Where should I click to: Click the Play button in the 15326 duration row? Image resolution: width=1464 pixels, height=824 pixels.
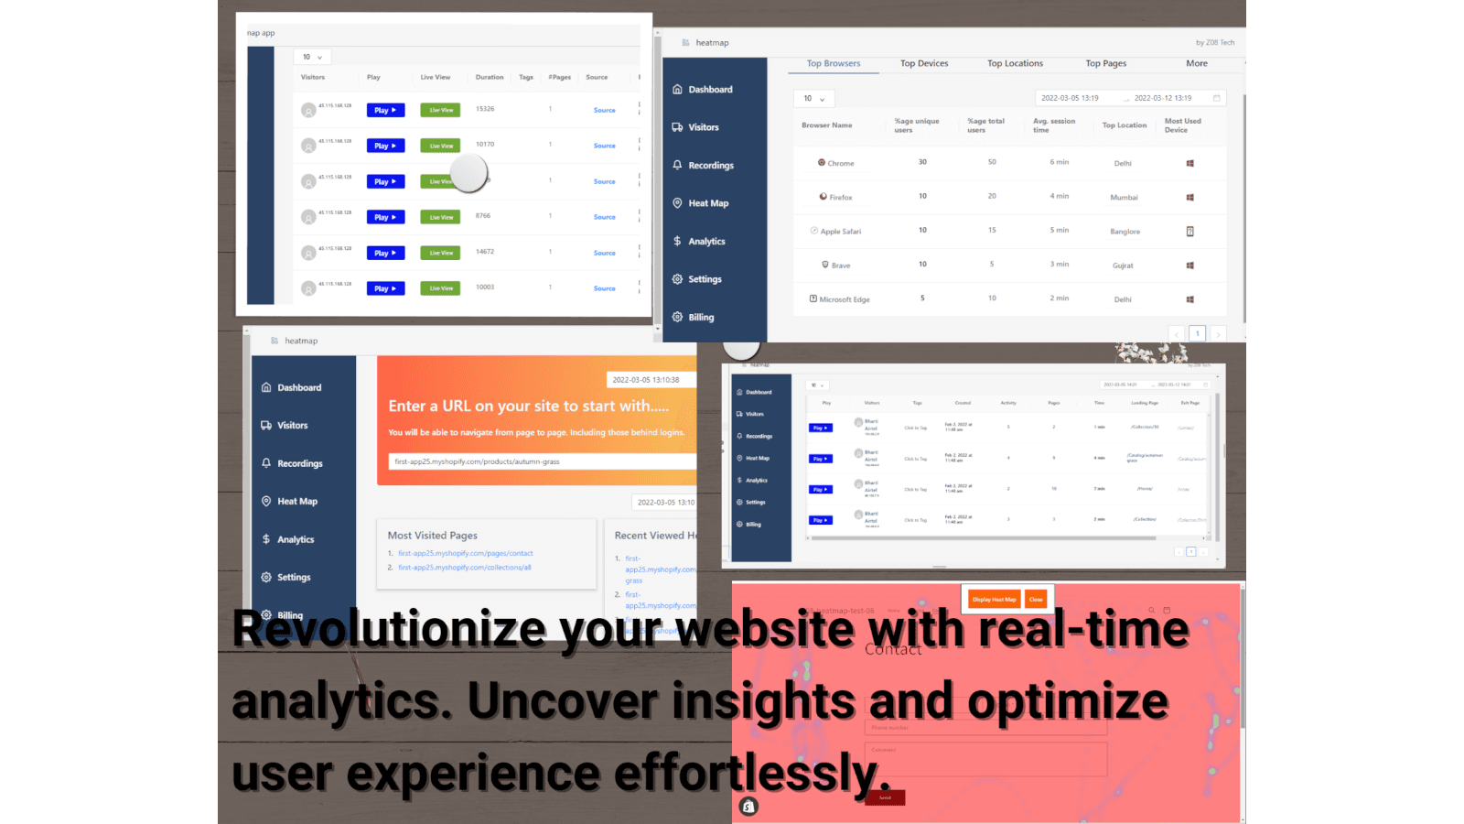point(385,110)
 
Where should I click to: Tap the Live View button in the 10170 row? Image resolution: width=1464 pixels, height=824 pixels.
point(440,146)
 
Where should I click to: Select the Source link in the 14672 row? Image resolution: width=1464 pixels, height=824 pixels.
point(604,253)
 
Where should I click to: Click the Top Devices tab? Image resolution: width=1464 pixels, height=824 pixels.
point(924,64)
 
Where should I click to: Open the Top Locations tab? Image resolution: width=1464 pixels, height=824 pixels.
point(1015,64)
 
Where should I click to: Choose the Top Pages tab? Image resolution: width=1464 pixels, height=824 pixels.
point(1105,64)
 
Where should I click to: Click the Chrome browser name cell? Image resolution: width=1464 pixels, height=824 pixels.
point(840,164)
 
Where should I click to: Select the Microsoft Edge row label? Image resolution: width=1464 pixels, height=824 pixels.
point(844,299)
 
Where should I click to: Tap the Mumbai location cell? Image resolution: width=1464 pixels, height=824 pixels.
point(1124,198)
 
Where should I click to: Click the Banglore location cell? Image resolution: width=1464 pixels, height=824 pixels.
point(1125,232)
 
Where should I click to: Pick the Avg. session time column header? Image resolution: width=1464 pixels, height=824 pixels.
point(1054,125)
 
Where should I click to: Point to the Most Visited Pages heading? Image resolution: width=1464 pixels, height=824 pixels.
point(432,536)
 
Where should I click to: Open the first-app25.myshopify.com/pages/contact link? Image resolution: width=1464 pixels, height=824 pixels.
point(465,553)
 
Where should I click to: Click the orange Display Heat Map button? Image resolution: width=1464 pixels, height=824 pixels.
point(994,600)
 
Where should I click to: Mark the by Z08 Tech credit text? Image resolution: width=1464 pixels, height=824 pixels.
point(1214,43)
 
